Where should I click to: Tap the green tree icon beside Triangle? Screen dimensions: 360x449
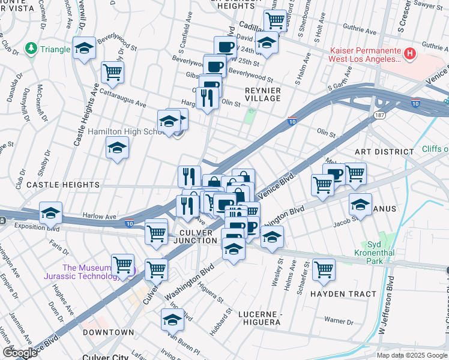(x=30, y=49)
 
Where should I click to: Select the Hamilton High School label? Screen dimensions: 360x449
(x=122, y=131)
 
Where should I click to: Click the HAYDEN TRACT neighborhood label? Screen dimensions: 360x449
(x=344, y=294)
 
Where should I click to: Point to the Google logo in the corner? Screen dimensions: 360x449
(x=20, y=353)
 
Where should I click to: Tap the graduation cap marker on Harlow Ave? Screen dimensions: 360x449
(x=51, y=212)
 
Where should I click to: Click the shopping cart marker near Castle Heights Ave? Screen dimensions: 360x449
(x=112, y=73)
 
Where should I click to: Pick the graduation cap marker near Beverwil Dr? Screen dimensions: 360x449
(x=84, y=49)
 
